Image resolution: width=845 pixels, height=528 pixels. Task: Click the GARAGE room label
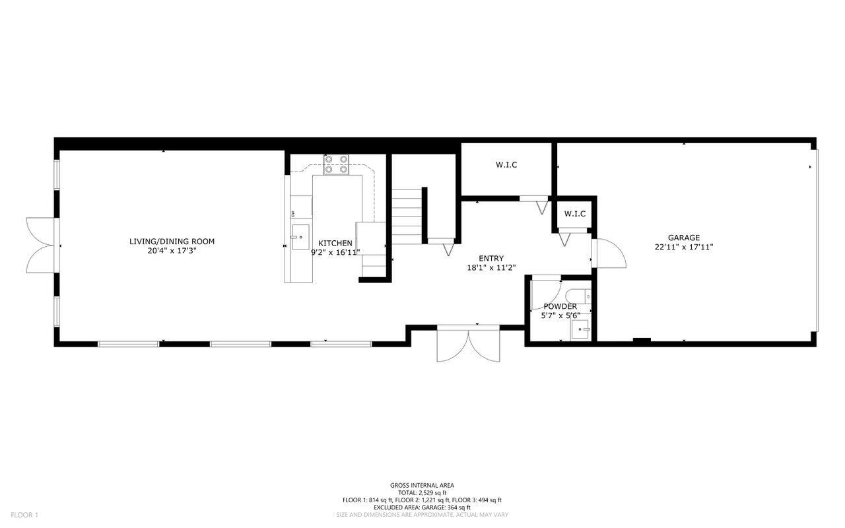click(683, 238)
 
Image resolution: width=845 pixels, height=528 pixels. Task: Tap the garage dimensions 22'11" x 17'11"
click(683, 247)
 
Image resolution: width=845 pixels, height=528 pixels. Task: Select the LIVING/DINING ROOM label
click(172, 242)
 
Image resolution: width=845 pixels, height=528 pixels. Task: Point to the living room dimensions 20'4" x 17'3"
click(172, 251)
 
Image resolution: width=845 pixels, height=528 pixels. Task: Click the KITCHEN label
click(335, 244)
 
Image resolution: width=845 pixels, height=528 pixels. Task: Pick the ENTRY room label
click(490, 258)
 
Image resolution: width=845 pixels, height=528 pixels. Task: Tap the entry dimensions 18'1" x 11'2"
click(491, 268)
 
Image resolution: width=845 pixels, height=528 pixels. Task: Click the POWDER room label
click(560, 306)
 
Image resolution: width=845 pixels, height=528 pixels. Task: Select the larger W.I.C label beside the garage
click(506, 165)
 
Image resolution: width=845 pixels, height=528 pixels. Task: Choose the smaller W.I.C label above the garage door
click(575, 214)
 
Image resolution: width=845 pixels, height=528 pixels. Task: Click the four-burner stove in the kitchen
click(336, 165)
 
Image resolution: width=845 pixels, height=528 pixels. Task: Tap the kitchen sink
click(300, 237)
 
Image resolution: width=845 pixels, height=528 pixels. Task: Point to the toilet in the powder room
click(578, 296)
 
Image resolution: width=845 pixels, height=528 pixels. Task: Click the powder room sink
click(580, 329)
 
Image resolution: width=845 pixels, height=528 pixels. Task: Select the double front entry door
click(469, 345)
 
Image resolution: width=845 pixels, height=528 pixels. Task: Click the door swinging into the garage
click(609, 253)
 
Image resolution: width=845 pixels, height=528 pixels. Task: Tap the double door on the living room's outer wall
click(42, 245)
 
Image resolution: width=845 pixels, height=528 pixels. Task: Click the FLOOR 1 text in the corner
click(24, 515)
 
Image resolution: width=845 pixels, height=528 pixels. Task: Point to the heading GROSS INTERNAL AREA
click(422, 485)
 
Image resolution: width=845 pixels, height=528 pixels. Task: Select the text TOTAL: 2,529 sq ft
click(422, 493)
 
